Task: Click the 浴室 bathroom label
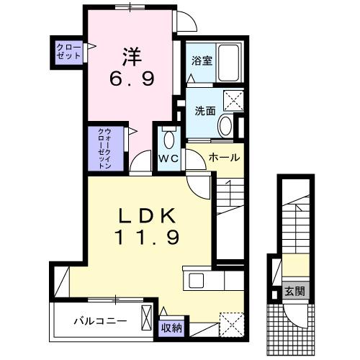(x=201, y=60)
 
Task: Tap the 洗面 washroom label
(x=205, y=111)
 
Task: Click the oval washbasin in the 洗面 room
(x=225, y=127)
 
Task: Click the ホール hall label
(x=224, y=156)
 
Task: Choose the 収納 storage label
(x=171, y=328)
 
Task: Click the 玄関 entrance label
(x=293, y=292)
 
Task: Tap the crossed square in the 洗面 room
(x=233, y=100)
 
